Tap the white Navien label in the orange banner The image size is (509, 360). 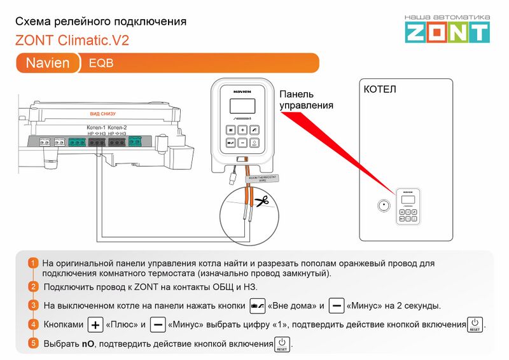coord(48,64)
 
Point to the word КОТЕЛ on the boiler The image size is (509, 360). coord(380,90)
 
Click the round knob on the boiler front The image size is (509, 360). coord(383,207)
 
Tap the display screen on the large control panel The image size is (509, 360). coord(242,106)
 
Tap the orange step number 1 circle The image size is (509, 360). coord(33,263)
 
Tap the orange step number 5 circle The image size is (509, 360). coord(33,343)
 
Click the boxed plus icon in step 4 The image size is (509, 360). coord(95,324)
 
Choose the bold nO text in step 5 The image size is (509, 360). coord(87,343)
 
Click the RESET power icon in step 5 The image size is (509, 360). coord(281,344)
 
